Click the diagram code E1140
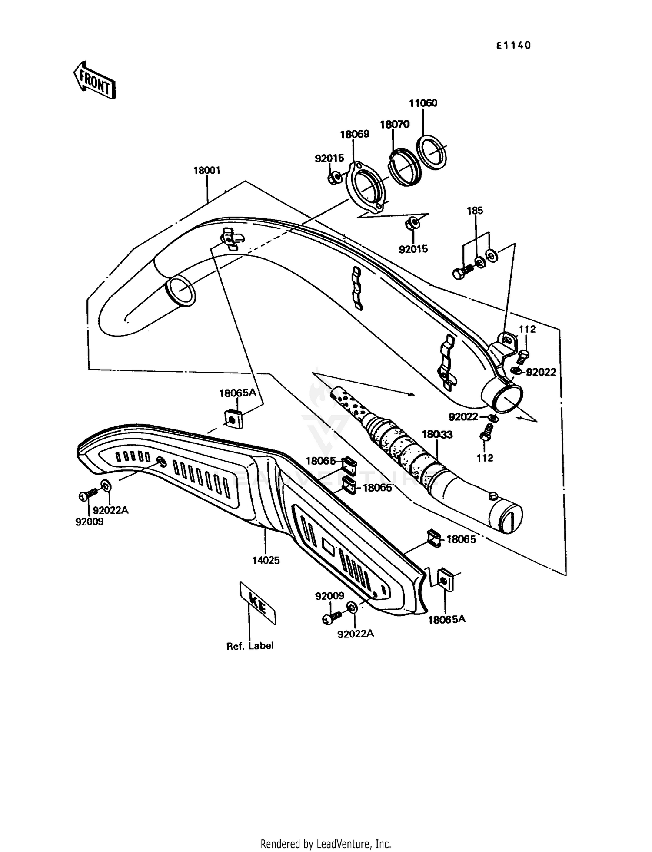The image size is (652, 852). (x=514, y=46)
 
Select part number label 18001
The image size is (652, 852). (x=207, y=171)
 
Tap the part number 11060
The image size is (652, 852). (x=423, y=103)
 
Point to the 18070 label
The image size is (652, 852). (x=395, y=125)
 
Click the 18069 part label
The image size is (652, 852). (x=355, y=134)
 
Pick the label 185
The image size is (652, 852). (x=475, y=211)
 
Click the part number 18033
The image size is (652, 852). (x=437, y=434)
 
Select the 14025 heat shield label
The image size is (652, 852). (x=266, y=560)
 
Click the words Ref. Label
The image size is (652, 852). (x=250, y=646)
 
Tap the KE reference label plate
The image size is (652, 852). (x=258, y=603)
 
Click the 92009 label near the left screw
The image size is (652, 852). (x=90, y=522)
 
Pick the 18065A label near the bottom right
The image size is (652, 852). (x=446, y=619)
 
